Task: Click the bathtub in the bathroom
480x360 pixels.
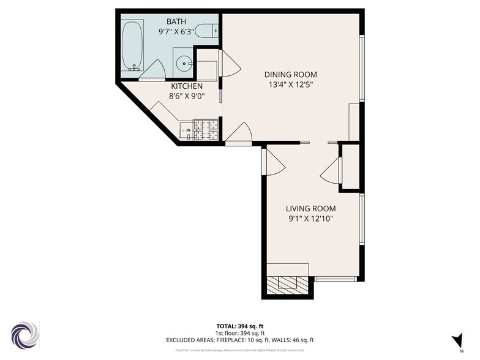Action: coord(132,46)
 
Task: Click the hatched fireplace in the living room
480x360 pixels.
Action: coord(287,283)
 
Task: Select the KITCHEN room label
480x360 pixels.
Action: coord(187,86)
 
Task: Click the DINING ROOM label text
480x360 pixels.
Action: coord(290,74)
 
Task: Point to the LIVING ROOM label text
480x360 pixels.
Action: coord(310,208)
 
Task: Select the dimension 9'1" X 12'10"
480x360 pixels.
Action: coord(310,218)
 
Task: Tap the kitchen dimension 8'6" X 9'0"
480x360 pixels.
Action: coord(187,96)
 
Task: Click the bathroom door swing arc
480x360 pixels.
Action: coord(151,69)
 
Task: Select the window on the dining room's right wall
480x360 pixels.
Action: coord(362,67)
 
